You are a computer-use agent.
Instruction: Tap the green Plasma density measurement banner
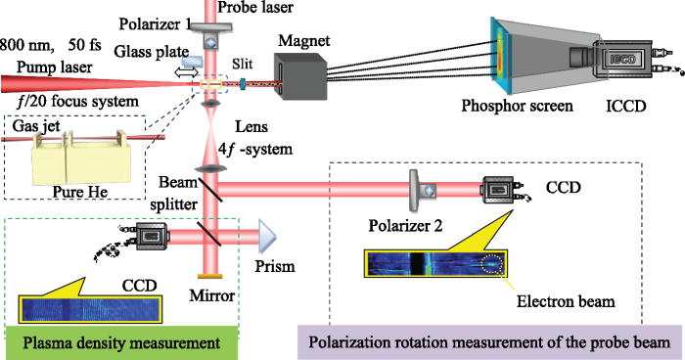117,341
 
